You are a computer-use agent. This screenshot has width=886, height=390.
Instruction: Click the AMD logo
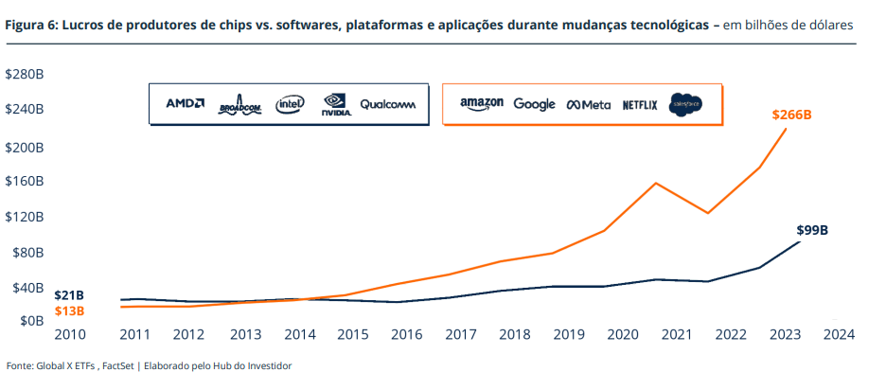185,103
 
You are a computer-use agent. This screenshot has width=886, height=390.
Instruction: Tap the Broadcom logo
239,105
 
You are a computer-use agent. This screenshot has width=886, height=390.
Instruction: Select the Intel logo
290,104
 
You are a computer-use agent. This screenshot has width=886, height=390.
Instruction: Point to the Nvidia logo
336,104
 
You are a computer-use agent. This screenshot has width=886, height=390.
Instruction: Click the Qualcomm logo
387,104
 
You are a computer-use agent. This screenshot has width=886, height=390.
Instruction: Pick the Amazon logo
481,104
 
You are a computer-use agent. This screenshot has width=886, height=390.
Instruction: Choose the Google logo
534,104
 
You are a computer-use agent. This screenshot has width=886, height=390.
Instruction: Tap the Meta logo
589,105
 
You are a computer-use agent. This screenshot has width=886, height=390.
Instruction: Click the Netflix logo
640,105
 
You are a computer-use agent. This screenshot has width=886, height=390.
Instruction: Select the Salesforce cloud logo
685,104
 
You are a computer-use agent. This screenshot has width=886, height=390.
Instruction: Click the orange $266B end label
792,115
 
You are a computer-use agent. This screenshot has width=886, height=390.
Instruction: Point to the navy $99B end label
812,230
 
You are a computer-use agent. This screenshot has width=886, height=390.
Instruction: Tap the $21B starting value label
69,295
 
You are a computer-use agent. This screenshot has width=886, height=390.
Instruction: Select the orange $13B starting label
69,310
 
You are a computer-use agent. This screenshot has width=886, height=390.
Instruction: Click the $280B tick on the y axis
25,74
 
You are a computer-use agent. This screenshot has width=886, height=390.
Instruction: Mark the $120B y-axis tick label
25,216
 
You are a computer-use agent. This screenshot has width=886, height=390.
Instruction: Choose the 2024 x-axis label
839,334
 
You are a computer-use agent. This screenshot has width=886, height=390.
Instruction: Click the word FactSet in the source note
118,365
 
